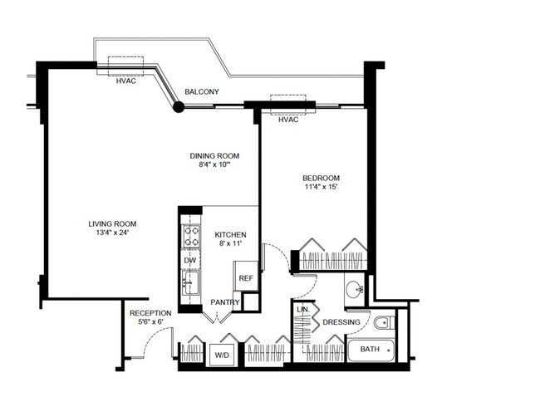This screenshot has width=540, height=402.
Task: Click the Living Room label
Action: [x=113, y=223]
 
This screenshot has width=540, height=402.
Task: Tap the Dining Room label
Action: [x=215, y=155]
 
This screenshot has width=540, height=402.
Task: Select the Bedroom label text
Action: [x=321, y=178]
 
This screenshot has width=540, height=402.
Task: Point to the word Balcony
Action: [x=202, y=91]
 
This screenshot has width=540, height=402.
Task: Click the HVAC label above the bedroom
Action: [x=288, y=120]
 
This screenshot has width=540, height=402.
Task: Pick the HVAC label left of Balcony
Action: [x=126, y=81]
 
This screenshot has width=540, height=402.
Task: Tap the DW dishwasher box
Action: [x=189, y=260]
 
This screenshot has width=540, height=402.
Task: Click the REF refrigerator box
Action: [x=246, y=278]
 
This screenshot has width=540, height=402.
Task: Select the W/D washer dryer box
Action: [x=222, y=355]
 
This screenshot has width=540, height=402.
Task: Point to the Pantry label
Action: [x=224, y=301]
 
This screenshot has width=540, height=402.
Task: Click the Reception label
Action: [x=150, y=313]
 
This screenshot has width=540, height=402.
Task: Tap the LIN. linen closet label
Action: [x=303, y=310]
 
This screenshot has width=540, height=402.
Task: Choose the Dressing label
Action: [x=341, y=322]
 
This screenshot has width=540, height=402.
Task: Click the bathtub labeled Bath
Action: [x=371, y=350]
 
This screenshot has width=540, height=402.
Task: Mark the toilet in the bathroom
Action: [x=384, y=322]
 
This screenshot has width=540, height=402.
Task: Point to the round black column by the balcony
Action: [x=178, y=106]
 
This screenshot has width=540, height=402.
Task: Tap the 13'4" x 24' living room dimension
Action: [x=111, y=233]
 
